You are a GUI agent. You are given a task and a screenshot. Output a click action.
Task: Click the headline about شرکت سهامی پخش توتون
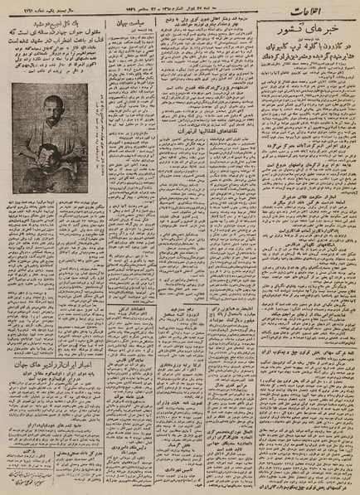click(307, 352)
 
